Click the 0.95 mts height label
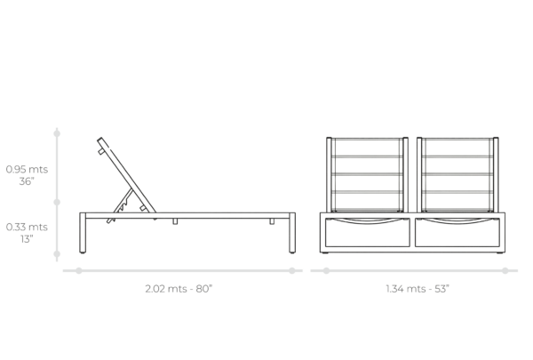coord(27,169)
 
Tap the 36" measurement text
coord(27,181)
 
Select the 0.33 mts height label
coord(27,227)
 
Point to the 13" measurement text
coord(27,239)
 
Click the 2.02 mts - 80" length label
coord(179,289)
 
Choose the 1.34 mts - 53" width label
coord(418,289)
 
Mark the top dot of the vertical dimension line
coord(57,133)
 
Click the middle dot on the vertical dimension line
coord(57,202)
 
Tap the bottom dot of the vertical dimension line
coord(57,254)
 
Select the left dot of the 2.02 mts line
coord(79,271)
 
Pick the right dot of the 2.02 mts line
coord(292,271)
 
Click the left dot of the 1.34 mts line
coord(326,271)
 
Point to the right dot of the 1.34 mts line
coord(505,271)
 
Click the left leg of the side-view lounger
coord(83,233)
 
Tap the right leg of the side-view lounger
coord(292,233)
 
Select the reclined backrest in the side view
coord(126,175)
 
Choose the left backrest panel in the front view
coord(367,175)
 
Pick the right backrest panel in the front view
coord(457,175)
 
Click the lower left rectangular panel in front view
coord(368,232)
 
